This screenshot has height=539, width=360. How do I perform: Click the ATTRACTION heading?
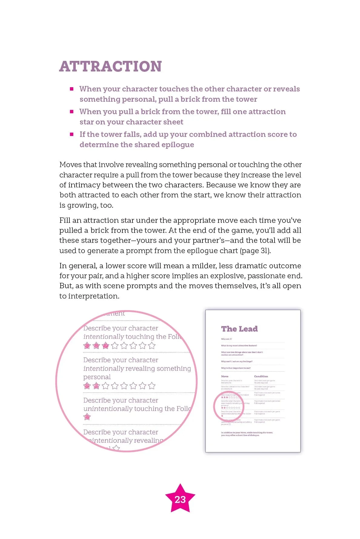pos(111,67)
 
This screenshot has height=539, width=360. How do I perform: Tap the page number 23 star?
pos(180,499)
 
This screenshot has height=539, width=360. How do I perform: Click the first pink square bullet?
pos(72,89)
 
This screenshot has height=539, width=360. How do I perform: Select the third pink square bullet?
pos(72,134)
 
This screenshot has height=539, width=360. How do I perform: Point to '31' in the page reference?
pos(264,251)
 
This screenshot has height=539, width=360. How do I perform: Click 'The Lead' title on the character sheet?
pos(239,329)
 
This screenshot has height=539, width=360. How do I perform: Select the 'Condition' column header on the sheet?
pos(261,376)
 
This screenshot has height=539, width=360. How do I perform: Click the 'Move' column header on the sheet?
pos(225,376)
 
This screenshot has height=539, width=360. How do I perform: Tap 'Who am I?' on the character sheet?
pos(226,339)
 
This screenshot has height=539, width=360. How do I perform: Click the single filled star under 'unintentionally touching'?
pos(87,417)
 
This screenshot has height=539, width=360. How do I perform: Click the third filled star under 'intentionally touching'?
pos(105,346)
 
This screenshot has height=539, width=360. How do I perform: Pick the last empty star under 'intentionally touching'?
pos(152,346)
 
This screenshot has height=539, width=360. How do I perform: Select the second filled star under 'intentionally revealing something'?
pos(96,386)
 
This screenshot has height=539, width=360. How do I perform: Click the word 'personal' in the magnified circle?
pos(97,377)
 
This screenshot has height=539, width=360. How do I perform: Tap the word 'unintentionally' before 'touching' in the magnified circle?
pos(108,409)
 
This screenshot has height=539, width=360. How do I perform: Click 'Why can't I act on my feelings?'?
pos(237,362)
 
